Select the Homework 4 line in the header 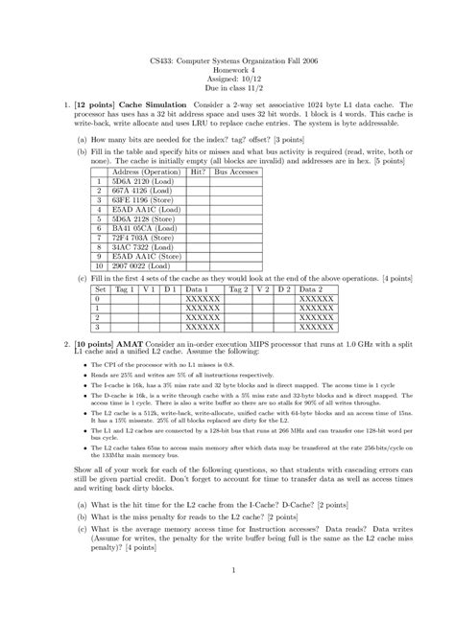tap(227, 73)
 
